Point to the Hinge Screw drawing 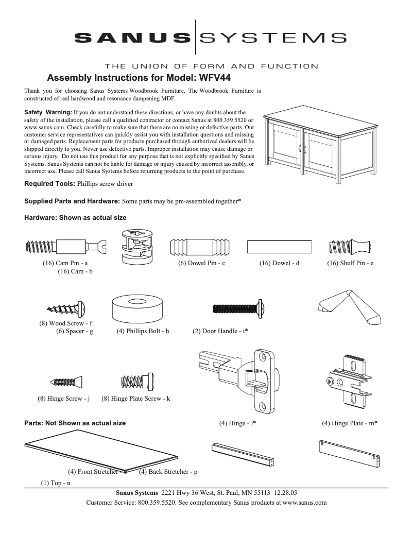pyautogui.click(x=66, y=382)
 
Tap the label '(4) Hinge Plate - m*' pyautogui.click(x=350, y=423)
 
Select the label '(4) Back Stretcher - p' pyautogui.click(x=168, y=472)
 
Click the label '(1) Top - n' pyautogui.click(x=56, y=483)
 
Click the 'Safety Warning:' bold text pyautogui.click(x=48, y=112)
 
